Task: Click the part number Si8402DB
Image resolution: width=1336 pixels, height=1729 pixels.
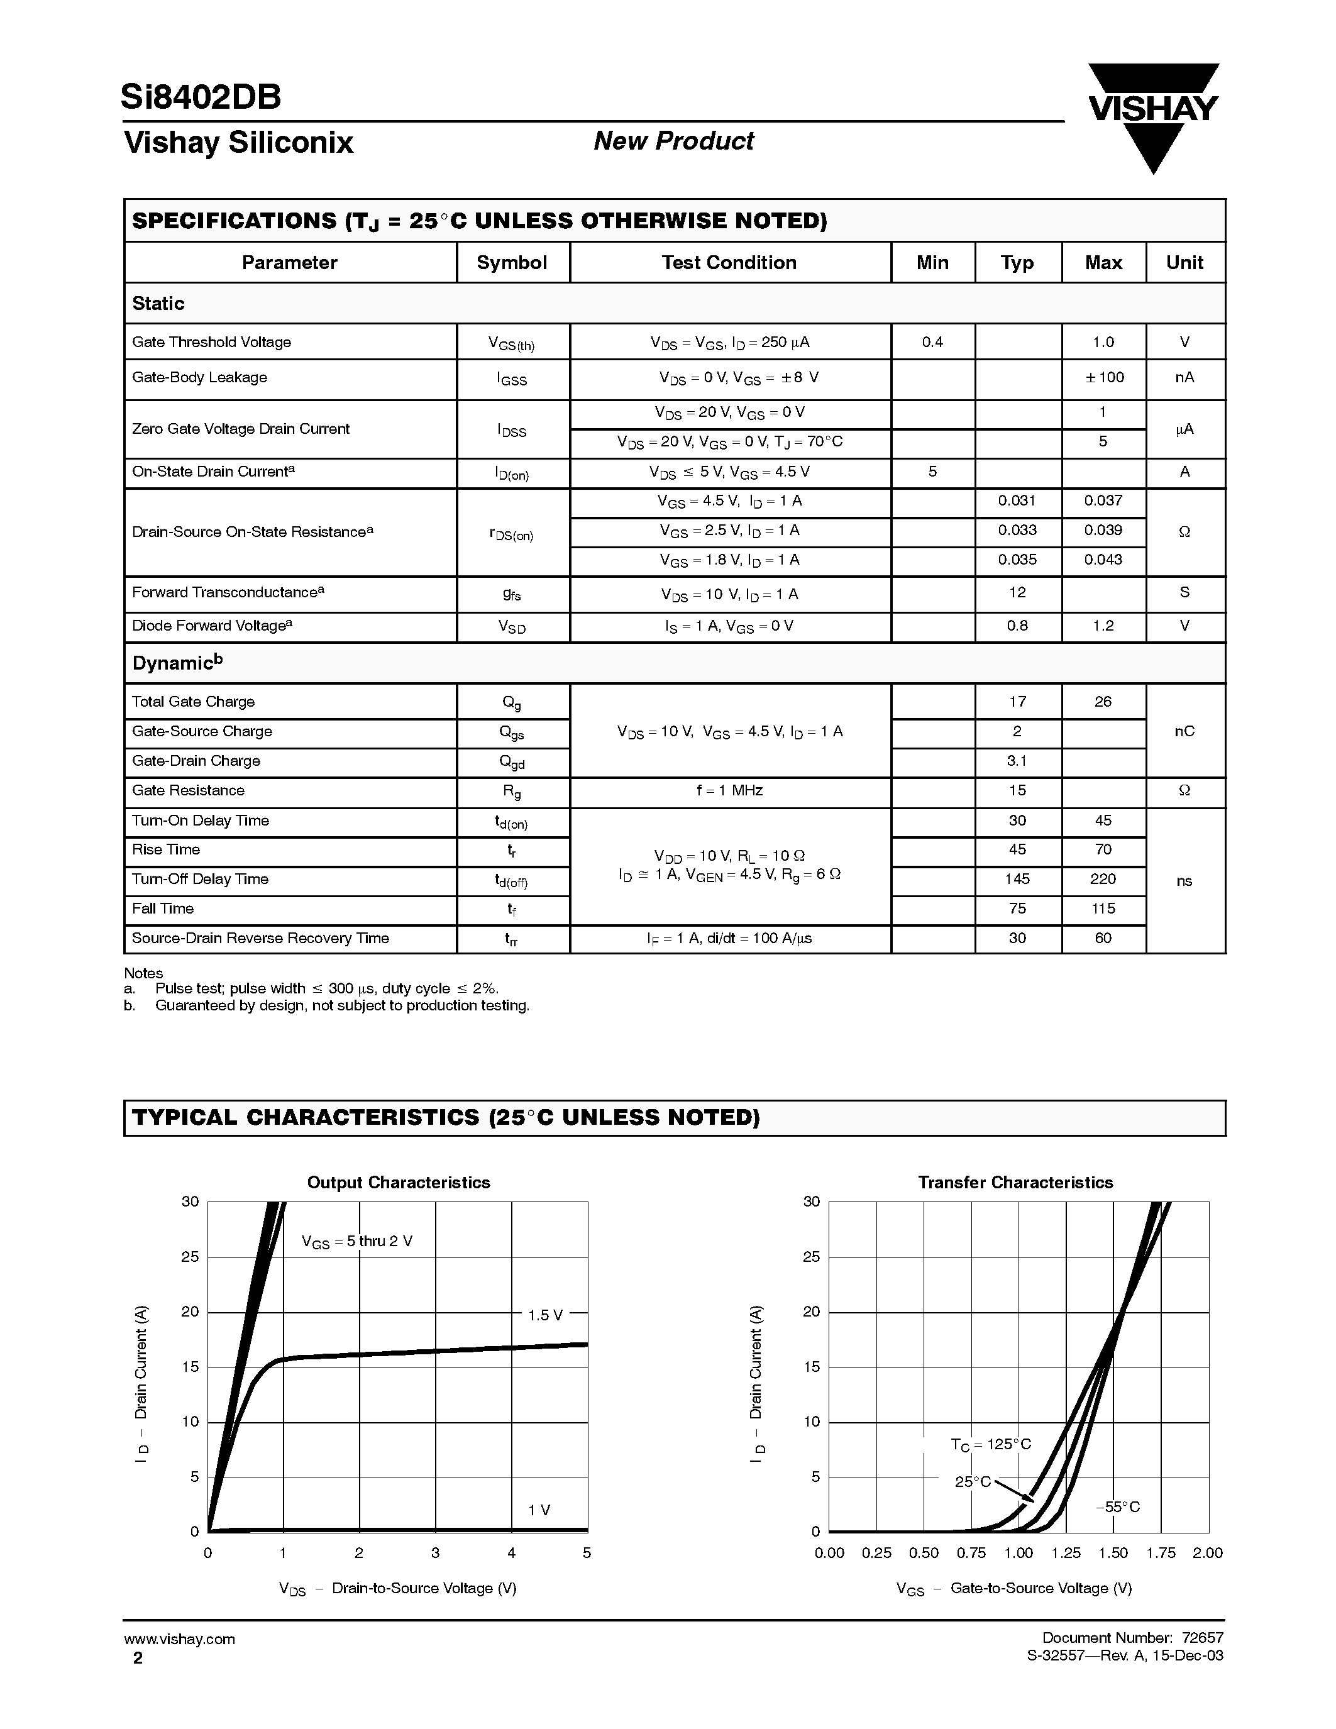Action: click(201, 97)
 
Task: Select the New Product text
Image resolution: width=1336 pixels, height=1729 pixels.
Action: click(673, 141)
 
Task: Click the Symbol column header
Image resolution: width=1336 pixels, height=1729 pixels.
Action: click(511, 263)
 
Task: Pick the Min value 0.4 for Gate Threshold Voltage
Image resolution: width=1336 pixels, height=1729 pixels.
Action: click(932, 342)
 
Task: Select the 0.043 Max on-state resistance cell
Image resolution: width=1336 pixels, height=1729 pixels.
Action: click(1103, 560)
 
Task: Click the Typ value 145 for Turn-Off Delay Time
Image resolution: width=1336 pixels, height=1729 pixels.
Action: click(1017, 879)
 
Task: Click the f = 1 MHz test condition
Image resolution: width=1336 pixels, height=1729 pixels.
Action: click(729, 791)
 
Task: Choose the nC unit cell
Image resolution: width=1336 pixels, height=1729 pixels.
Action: click(1184, 731)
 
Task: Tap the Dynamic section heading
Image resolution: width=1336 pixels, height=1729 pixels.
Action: click(177, 663)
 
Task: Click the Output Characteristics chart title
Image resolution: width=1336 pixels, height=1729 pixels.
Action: click(398, 1183)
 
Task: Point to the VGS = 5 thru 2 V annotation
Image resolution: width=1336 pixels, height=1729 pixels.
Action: click(357, 1241)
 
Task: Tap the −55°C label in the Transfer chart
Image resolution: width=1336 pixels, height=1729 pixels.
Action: click(1118, 1507)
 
